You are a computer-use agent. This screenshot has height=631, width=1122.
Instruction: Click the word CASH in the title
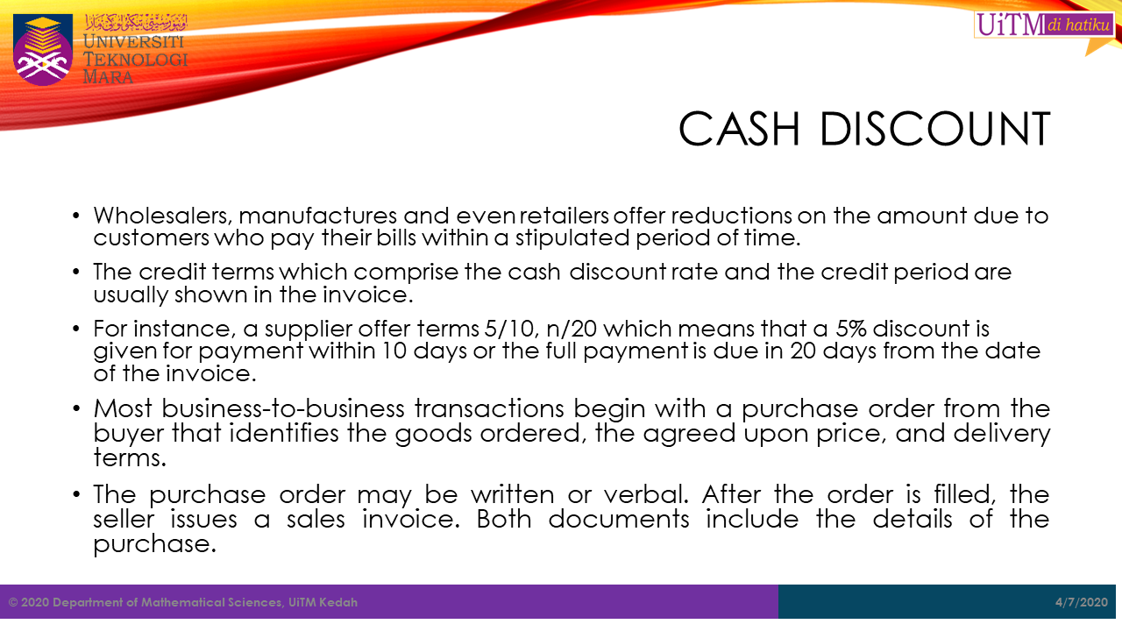point(739,129)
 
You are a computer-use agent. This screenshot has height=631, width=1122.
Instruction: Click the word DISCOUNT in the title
point(934,129)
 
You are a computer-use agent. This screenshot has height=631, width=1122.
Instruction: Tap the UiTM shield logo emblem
point(43,50)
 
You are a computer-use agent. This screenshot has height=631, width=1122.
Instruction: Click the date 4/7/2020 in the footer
point(1082,602)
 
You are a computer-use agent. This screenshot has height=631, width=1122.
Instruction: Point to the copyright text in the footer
point(183,602)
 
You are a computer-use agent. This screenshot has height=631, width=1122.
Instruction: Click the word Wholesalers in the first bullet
point(163,216)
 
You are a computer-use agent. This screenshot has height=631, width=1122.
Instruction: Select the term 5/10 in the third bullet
point(510,329)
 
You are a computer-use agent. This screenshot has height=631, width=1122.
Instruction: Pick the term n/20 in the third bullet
point(572,329)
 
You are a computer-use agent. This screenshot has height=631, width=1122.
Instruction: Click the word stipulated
point(572,238)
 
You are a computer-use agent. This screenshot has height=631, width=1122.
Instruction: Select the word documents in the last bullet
point(619,520)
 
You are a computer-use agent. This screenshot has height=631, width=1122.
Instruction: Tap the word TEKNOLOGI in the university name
point(135,60)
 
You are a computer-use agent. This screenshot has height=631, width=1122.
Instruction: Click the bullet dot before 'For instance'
point(76,329)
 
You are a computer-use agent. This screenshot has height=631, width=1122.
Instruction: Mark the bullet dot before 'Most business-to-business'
point(76,408)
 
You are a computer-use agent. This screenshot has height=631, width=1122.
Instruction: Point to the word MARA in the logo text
point(108,77)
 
